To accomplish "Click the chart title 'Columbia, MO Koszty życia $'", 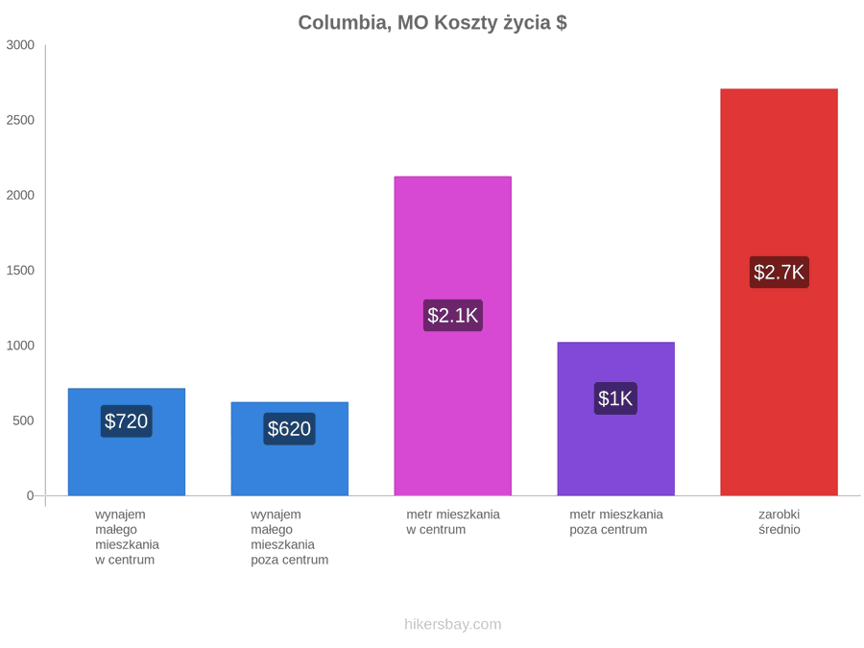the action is point(433,23).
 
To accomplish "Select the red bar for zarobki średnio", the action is point(780,292).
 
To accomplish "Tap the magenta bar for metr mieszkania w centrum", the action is point(453,336).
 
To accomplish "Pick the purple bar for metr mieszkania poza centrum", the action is point(616,419).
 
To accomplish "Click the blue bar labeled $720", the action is point(127,442).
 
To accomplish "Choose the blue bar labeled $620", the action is point(290,448).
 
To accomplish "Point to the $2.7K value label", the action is point(780,273).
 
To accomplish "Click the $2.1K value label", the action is point(453,315).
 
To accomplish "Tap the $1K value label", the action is point(616,398).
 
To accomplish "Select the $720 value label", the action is point(126,421).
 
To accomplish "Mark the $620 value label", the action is point(289,429).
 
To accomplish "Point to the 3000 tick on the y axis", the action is point(20,45).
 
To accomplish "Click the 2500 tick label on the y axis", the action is point(20,120).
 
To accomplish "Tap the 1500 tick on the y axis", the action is point(20,271).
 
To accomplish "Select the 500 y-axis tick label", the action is point(24,421).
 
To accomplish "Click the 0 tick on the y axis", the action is point(31,496).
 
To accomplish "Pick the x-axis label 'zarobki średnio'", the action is point(780,522).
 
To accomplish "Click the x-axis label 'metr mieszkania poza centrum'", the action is point(616,522).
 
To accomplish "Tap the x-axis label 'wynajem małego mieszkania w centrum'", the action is point(127,538).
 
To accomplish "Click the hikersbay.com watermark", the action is point(453,624).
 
